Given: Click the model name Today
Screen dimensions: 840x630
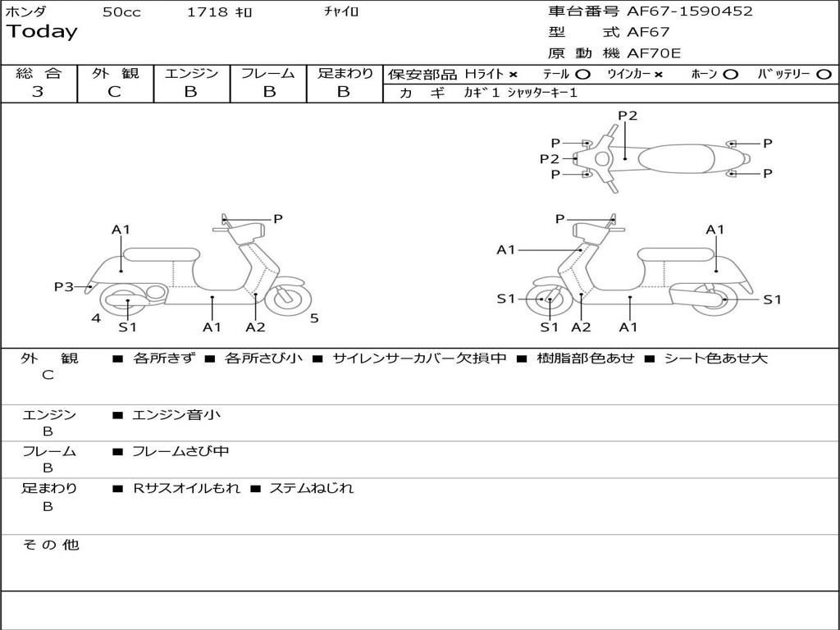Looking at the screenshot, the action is point(42,32).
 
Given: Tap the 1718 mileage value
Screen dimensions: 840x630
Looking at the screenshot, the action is point(208,11).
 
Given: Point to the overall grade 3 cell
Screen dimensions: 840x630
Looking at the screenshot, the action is point(38,92).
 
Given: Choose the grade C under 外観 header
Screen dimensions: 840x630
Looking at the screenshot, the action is point(115,92).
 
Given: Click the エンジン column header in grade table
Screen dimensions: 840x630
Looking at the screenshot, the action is point(191,73).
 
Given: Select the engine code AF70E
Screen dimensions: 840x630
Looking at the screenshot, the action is point(654,54).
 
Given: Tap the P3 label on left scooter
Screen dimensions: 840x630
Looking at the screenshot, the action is point(64,286).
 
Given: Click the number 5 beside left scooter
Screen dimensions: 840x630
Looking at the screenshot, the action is point(314,318).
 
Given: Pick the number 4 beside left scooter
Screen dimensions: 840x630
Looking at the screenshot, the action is point(96,318).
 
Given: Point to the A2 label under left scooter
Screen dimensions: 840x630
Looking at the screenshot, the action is point(255,327).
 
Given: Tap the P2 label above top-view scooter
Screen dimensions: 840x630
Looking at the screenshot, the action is point(628,116).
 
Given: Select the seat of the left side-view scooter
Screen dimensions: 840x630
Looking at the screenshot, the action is point(161,254).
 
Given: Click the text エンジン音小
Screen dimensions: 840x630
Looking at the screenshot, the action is point(176,415).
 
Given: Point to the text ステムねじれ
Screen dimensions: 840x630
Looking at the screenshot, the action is point(312,488).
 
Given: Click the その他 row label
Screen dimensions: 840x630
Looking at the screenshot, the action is point(50,545).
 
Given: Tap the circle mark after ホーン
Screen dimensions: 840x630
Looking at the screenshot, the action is point(730,75).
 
